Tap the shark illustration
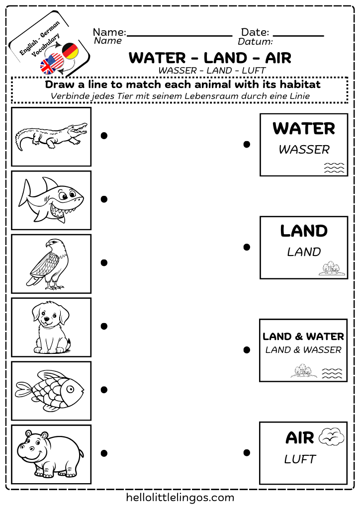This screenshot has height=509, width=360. pyautogui.click(x=50, y=200)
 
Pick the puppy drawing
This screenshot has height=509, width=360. pyautogui.click(x=50, y=327)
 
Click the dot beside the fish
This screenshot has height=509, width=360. pyautogui.click(x=104, y=390)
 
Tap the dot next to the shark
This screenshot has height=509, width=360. pyautogui.click(x=104, y=199)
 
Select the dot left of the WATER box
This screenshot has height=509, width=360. pyautogui.click(x=247, y=145)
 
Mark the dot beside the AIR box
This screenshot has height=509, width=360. pyautogui.click(x=247, y=453)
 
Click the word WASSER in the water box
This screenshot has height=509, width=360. pyautogui.click(x=304, y=149)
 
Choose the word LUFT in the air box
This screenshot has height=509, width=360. pyautogui.click(x=300, y=459)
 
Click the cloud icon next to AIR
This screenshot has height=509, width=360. pyautogui.click(x=331, y=436)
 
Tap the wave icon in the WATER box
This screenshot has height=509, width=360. pyautogui.click(x=334, y=168)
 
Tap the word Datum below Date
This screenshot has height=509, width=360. pyautogui.click(x=255, y=42)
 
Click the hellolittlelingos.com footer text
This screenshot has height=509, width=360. pyautogui.click(x=180, y=497)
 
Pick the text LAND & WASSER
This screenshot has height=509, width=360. pyautogui.click(x=303, y=350)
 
